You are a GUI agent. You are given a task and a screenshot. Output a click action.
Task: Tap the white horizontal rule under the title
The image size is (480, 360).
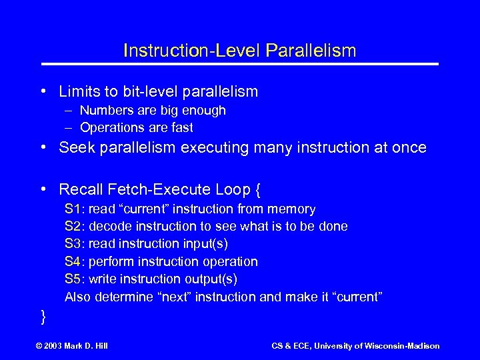tap(240, 64)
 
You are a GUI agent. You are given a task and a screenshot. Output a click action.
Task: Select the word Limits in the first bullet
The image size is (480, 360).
tap(78, 91)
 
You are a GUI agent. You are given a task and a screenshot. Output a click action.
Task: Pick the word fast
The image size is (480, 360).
tap(181, 127)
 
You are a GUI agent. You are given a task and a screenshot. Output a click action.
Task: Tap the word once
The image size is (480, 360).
tap(406, 148)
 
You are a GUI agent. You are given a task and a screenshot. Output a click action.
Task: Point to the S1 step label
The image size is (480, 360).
tap(73, 209)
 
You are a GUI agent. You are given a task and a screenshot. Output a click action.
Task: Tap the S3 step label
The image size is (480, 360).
tap(73, 244)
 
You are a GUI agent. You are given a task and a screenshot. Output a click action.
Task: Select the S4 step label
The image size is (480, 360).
tap(73, 261)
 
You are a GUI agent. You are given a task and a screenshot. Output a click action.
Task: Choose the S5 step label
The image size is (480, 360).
tap(73, 279)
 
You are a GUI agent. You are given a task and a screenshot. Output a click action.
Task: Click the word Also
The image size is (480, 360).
tap(78, 296)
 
